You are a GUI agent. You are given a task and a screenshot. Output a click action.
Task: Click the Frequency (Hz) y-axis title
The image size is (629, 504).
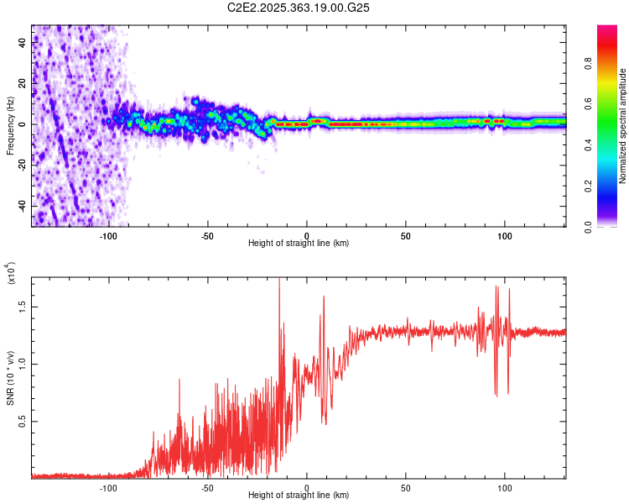tap(11, 126)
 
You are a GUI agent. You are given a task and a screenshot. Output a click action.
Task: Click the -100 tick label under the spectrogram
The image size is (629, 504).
tap(109, 235)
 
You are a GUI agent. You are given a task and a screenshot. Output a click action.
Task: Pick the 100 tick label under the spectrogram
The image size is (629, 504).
tap(505, 235)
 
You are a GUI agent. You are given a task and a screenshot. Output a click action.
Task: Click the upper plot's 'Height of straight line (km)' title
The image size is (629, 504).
tap(299, 244)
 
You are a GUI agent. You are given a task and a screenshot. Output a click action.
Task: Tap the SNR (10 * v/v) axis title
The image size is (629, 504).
tap(11, 376)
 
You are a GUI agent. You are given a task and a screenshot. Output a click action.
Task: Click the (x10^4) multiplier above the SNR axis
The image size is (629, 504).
tap(11, 274)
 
